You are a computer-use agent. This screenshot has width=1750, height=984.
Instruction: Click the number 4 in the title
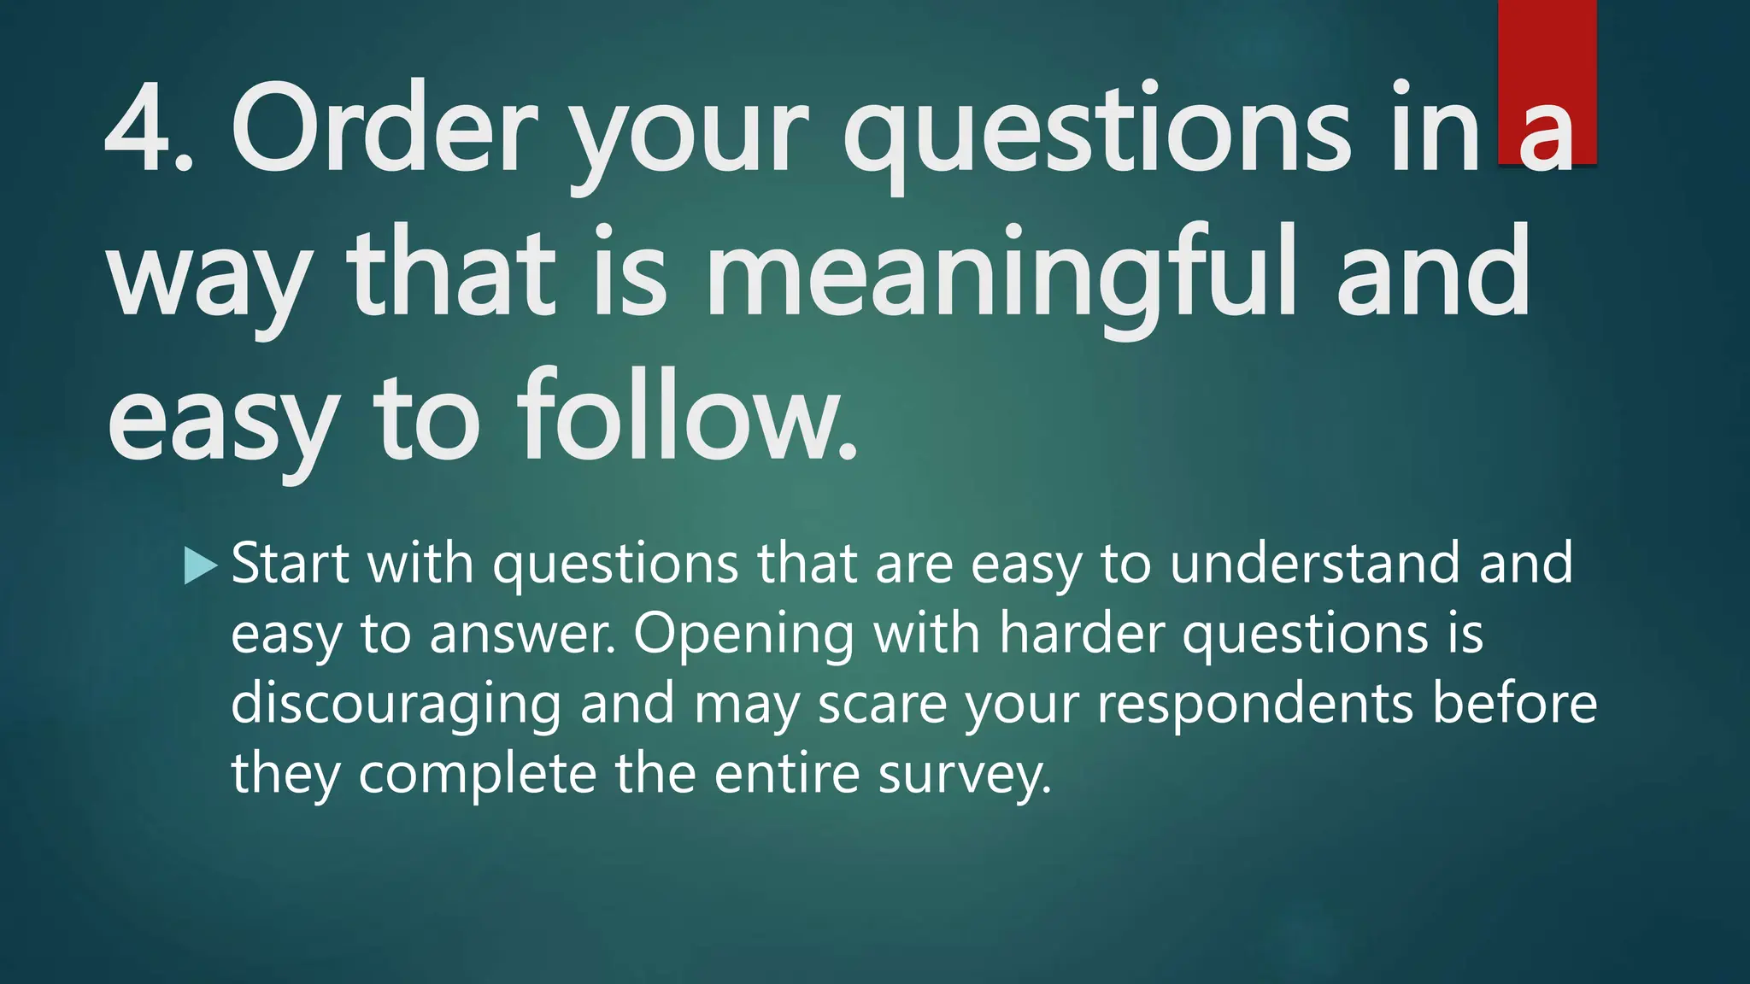point(140,128)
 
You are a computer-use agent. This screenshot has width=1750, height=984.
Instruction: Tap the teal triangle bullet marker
point(200,566)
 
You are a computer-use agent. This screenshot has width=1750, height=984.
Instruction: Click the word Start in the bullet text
point(291,564)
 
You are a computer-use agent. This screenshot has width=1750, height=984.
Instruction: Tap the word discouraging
point(396,706)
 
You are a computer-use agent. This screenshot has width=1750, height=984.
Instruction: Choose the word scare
point(882,706)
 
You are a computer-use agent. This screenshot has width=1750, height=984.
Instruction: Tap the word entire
point(786,774)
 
